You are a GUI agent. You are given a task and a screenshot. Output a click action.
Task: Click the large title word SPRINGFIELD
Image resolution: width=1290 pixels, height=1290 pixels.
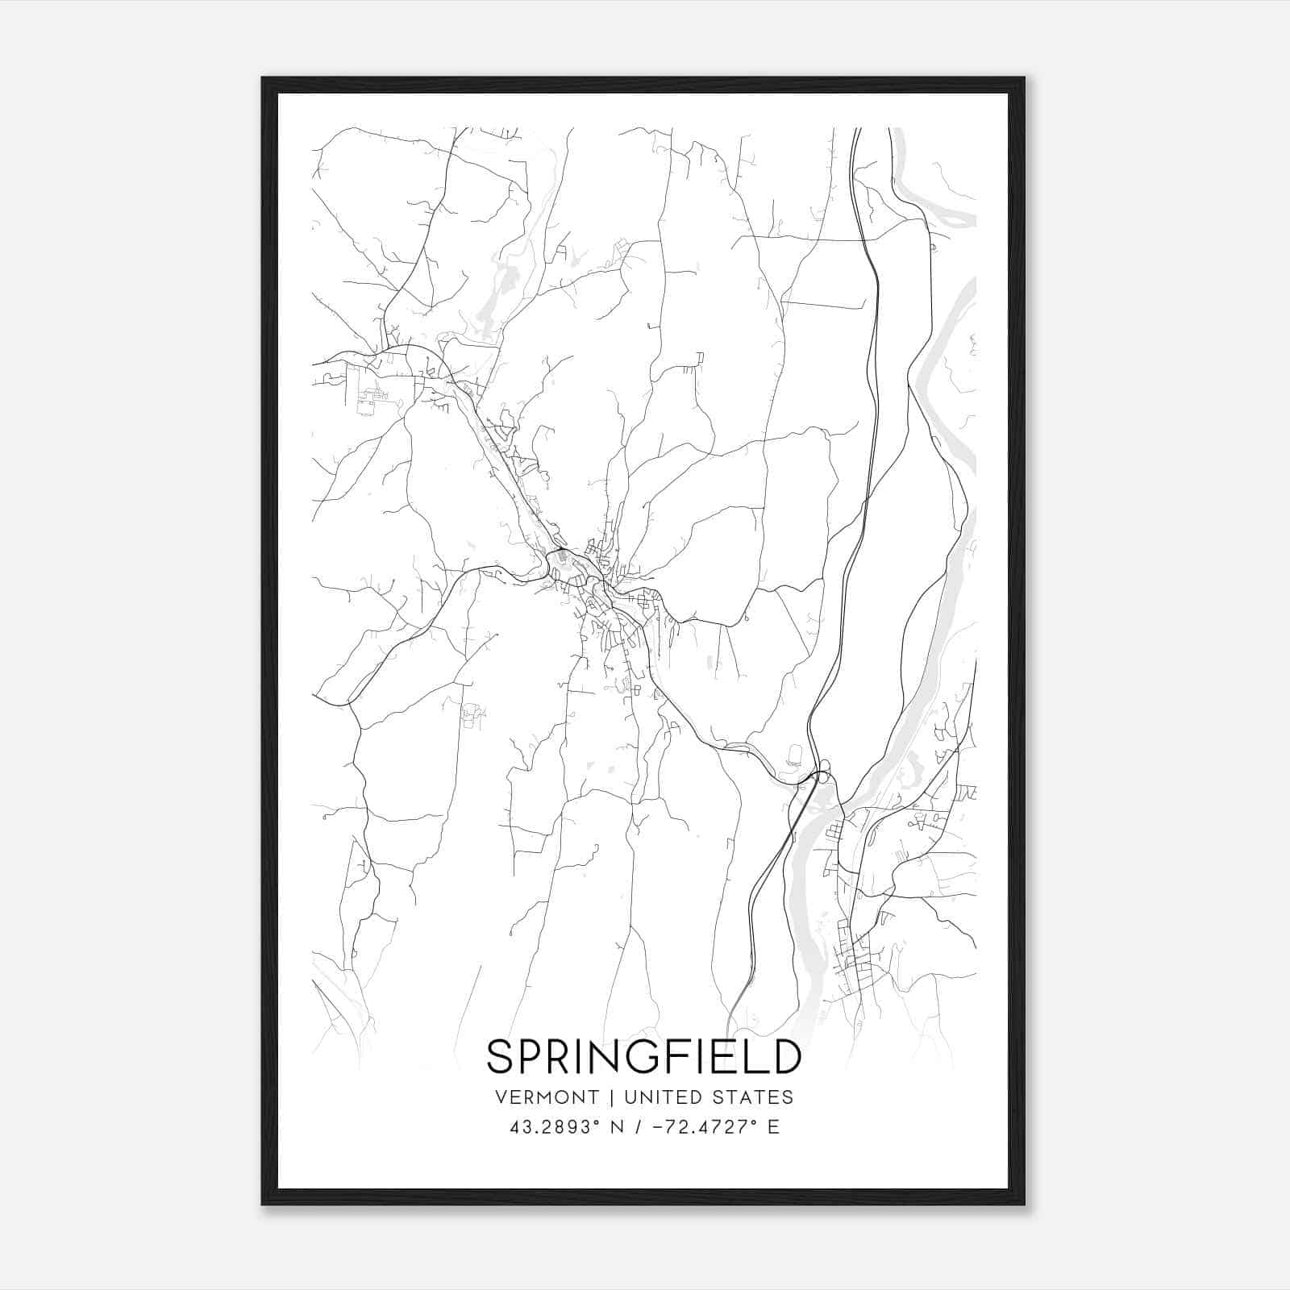644,1057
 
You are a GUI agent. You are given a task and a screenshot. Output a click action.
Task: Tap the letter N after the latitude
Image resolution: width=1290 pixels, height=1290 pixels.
618,1127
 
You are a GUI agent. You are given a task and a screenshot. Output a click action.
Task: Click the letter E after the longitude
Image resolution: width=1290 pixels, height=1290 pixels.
773,1127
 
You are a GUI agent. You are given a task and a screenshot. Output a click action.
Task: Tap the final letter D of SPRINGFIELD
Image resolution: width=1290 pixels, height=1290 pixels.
785,1057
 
